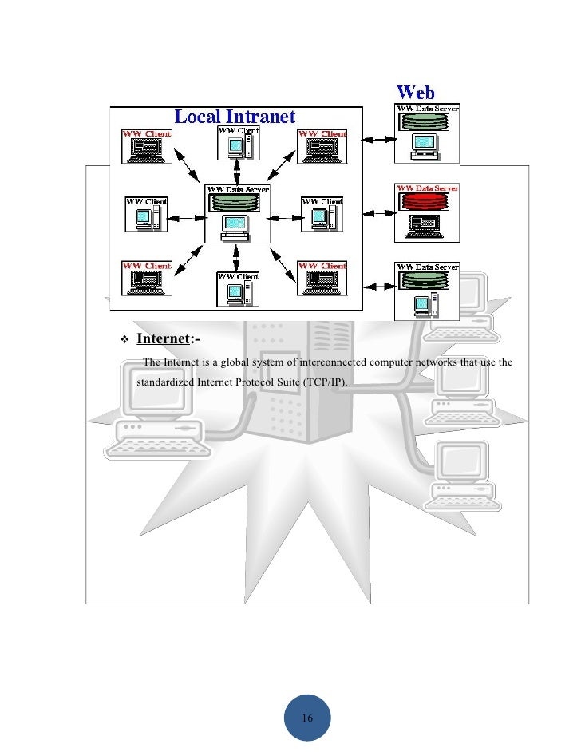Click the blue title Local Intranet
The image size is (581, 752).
(x=235, y=117)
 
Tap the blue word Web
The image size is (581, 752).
(x=416, y=93)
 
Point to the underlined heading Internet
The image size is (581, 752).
(x=163, y=339)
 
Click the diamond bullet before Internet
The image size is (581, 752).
(x=124, y=340)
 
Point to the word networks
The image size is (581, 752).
(x=438, y=364)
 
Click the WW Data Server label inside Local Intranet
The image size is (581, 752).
(x=237, y=190)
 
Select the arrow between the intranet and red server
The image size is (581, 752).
(x=379, y=214)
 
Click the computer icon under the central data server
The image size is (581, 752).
(x=235, y=228)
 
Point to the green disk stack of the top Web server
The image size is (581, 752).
(x=427, y=122)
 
